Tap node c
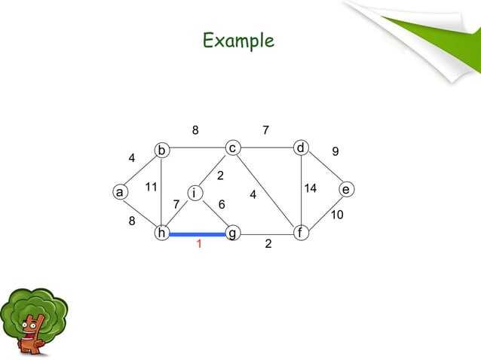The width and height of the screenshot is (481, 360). tap(233, 148)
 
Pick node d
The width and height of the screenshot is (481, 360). tap(301, 148)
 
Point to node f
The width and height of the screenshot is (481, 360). tap(301, 233)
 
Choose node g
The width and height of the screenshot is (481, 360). tap(232, 233)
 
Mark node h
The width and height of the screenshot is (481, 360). tap(161, 233)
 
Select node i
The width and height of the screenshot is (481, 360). tap(195, 193)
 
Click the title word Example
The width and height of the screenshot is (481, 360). tap(238, 41)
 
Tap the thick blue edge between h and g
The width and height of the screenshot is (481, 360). tap(197, 234)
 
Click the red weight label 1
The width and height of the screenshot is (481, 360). tap(198, 245)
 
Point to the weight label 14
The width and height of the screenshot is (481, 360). tap(310, 187)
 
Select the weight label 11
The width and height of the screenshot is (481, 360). tap(151, 187)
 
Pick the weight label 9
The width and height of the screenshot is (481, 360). tap(335, 152)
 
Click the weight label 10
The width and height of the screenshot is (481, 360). tap(337, 215)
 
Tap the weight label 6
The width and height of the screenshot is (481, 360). tap(222, 204)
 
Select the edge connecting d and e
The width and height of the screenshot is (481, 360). tap(323, 169)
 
